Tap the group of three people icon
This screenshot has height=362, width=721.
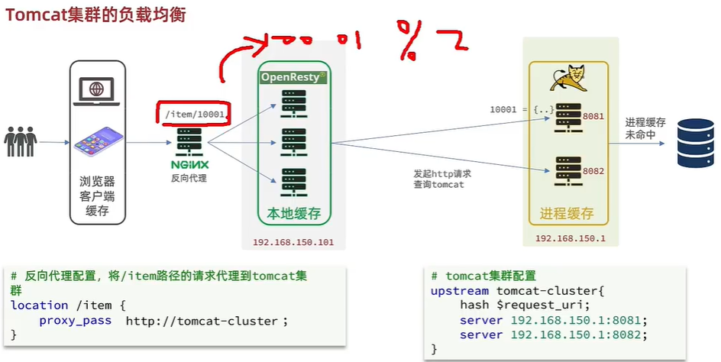click(x=21, y=142)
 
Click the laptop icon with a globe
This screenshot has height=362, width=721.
click(x=97, y=89)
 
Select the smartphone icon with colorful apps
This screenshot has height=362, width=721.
click(x=97, y=142)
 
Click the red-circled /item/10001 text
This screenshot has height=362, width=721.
click(x=194, y=114)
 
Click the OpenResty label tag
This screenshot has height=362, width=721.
click(x=294, y=77)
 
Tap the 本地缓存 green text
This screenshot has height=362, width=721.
click(x=294, y=215)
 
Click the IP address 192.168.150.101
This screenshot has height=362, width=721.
click(x=294, y=243)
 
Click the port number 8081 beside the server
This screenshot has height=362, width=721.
click(x=593, y=116)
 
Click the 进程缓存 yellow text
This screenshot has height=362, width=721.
click(x=567, y=214)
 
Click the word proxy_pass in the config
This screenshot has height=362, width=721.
click(x=76, y=321)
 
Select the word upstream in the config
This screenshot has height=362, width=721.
click(x=460, y=290)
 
